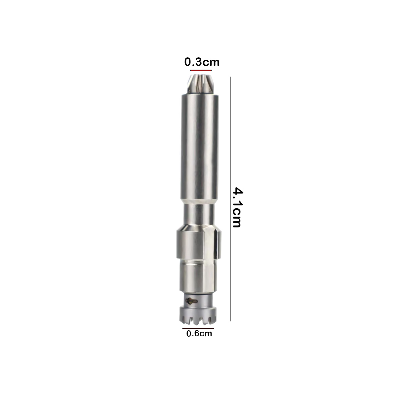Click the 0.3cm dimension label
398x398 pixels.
pos(202,62)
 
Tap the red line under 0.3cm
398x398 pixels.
pos(201,70)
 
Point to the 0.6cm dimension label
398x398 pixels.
pos(199,333)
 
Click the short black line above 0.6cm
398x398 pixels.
pos(198,328)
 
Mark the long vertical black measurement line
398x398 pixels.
pos(230,199)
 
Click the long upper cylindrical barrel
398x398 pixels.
pos(199,146)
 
